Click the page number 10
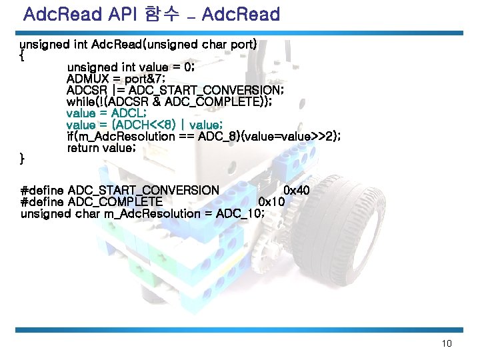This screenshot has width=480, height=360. click(x=447, y=344)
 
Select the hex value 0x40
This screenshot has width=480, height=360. click(x=297, y=191)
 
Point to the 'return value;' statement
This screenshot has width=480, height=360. click(x=101, y=148)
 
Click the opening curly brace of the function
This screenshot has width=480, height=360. click(x=23, y=56)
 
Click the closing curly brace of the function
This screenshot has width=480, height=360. click(x=23, y=159)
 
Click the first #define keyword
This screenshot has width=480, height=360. click(x=43, y=191)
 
